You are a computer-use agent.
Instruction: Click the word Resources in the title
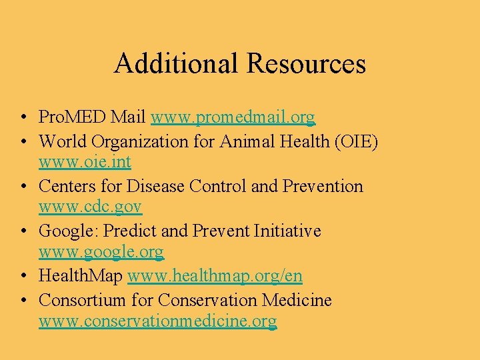click(306, 63)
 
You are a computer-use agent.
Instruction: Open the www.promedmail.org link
click(233, 118)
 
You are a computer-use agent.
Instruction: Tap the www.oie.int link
click(85, 161)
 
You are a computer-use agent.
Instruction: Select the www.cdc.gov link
click(90, 207)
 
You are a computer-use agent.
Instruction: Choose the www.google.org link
click(101, 252)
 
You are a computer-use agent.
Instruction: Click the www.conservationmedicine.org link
click(157, 321)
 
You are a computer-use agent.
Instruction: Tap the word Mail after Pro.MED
click(129, 118)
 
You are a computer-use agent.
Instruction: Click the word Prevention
click(323, 186)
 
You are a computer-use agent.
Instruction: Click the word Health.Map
click(81, 275)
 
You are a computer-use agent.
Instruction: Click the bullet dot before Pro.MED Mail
click(23, 119)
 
